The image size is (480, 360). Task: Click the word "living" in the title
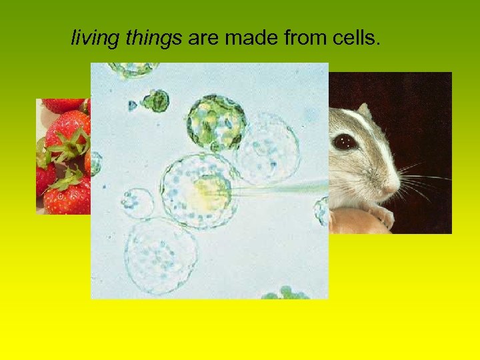(93, 39)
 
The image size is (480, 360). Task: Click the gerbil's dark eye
(345, 141)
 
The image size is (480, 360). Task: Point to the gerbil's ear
(363, 110)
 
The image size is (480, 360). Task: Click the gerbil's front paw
(381, 215)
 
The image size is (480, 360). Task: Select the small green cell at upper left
(157, 101)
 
